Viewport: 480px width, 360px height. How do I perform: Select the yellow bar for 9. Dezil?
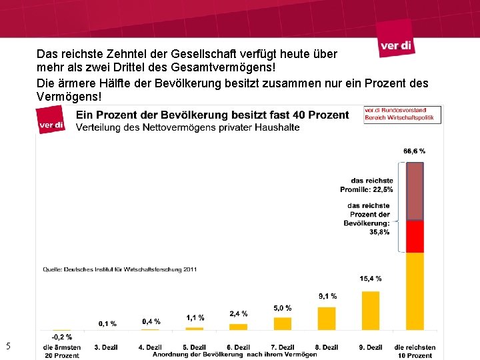click(371, 310)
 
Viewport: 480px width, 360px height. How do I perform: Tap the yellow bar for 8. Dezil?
click(327, 318)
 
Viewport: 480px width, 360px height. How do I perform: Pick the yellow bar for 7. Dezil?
click(283, 323)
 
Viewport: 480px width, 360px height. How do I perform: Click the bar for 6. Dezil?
click(239, 327)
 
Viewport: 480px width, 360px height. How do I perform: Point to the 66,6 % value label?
click(414, 151)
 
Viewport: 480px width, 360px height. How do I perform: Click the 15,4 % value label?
click(371, 279)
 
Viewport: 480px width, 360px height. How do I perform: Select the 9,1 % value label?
click(327, 296)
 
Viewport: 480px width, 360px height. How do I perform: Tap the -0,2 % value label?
click(61, 337)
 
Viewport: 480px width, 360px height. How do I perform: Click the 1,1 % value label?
click(195, 317)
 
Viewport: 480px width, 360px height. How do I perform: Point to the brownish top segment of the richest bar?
click(415, 191)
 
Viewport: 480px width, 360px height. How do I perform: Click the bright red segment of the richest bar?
click(415, 236)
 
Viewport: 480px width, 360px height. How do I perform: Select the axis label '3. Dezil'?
click(107, 347)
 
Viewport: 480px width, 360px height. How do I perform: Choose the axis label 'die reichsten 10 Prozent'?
click(415, 351)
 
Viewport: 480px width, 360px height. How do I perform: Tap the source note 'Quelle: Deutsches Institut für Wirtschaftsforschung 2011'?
click(119, 269)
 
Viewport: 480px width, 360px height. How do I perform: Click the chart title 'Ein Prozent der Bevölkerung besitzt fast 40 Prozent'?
click(212, 115)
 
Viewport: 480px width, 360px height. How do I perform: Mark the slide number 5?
click(8, 345)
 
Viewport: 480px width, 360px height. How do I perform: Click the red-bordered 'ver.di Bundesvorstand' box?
click(393, 114)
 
